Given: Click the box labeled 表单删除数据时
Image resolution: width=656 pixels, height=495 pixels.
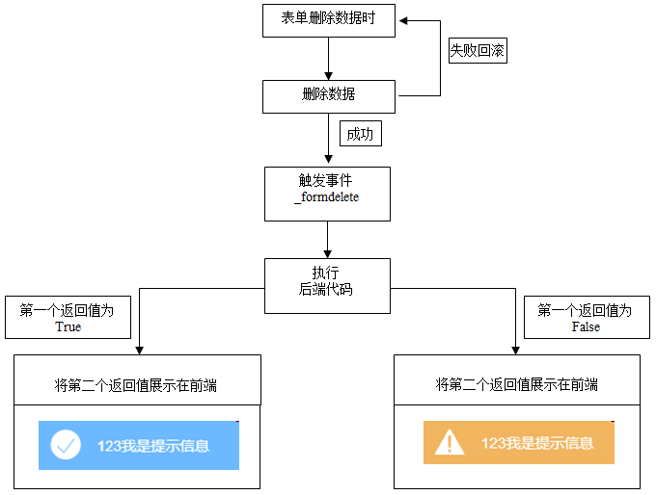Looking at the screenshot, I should [328, 20].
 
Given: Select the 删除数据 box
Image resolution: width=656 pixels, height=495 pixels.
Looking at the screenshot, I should [328, 95].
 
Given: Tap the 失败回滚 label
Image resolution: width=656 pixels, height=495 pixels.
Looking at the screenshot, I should [477, 51].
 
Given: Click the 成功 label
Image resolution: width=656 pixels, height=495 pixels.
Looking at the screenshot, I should [360, 134].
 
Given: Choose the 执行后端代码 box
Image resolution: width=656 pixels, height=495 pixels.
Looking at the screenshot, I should [327, 285].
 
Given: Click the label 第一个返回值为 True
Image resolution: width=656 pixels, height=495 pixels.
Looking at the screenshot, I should [68, 318].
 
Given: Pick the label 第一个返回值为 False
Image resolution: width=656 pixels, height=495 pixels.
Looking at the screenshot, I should [586, 318].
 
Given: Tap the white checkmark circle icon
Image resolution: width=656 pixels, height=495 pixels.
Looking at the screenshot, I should [66, 445].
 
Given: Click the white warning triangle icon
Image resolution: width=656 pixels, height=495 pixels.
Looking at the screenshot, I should [450, 443].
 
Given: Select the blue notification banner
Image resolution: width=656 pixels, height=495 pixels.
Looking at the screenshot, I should [138, 445].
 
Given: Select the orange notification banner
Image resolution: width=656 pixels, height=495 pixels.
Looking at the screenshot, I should [518, 443].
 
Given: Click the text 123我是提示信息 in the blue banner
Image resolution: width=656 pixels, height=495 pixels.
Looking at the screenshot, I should [152, 446].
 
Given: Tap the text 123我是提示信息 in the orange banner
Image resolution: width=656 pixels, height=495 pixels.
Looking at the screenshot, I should [536, 443].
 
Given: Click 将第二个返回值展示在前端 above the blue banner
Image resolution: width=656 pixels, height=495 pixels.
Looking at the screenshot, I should [136, 385].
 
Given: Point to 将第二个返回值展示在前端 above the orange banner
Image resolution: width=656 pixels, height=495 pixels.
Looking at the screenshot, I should [516, 385].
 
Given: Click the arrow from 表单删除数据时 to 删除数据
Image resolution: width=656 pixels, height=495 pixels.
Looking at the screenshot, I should [328, 59].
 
